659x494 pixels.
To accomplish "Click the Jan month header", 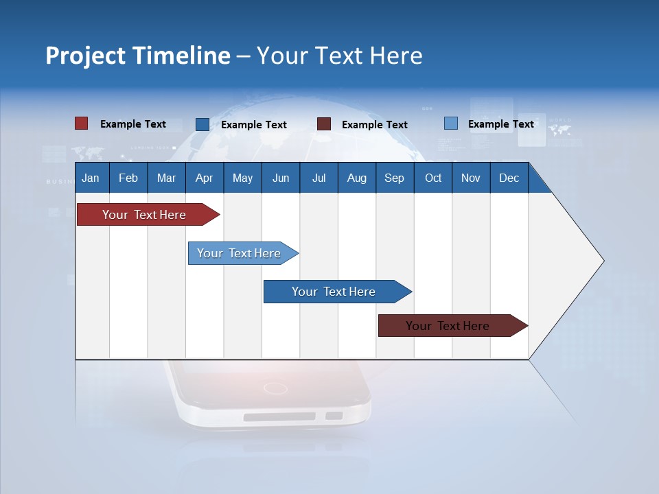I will pos(91,178).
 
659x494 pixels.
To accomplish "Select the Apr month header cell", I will pos(204,178).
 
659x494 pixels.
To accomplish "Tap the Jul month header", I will pos(319,178).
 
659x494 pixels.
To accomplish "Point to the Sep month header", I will pos(394,178).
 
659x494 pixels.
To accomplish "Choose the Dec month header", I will pos(509,178).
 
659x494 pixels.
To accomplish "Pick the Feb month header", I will pos(128,178).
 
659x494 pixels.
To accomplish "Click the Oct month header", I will pos(433,178).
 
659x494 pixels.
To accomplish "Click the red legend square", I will pos(81,123).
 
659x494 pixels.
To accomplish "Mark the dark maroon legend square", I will pos(324,124).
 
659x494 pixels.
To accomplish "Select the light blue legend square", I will pos(450,123).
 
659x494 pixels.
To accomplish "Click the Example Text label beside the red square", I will pos(133,124).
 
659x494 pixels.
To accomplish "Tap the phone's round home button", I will pos(275,388).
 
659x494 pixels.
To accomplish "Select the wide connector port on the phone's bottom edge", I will pos(279,416).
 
